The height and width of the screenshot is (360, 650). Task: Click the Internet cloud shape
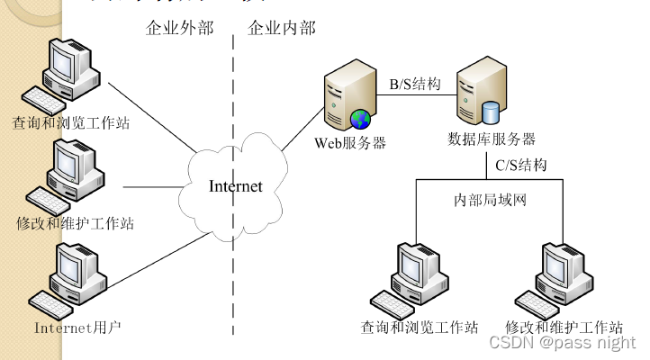[x=236, y=186]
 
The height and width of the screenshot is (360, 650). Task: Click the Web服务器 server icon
[x=348, y=100]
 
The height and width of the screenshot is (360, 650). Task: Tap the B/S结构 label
[x=414, y=84]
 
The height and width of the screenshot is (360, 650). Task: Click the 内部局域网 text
[x=490, y=199]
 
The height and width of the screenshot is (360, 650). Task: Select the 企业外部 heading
[x=179, y=28]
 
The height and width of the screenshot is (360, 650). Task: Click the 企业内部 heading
[x=282, y=28]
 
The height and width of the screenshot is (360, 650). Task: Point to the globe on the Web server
[x=361, y=119]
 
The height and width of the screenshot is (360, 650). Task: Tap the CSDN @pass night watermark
[x=563, y=342]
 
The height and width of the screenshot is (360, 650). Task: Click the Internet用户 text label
[x=77, y=327]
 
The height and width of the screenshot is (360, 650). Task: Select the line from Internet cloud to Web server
[x=302, y=130]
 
